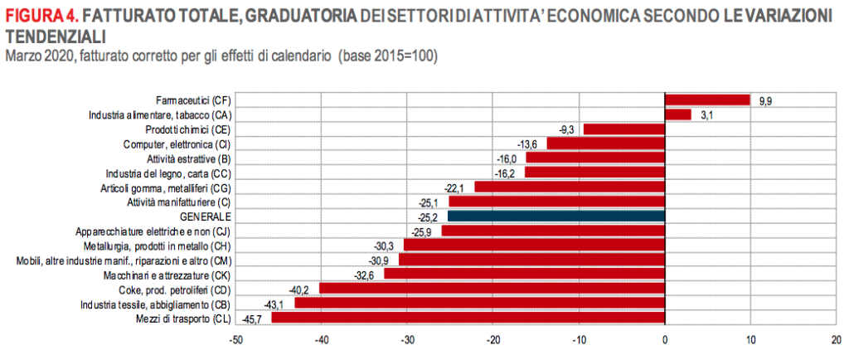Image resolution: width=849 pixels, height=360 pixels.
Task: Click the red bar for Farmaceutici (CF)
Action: [x=707, y=100]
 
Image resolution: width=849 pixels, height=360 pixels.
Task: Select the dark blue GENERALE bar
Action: [x=555, y=216]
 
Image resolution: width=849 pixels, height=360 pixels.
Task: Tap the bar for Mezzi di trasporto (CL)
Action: [x=468, y=318]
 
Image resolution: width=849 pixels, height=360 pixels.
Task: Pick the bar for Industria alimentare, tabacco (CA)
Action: [x=677, y=114]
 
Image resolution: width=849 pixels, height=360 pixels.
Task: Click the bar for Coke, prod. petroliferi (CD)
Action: [x=492, y=289]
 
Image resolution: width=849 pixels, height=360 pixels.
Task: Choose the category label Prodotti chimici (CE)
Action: [x=188, y=129]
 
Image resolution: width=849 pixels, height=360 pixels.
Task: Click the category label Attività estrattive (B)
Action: [x=190, y=158]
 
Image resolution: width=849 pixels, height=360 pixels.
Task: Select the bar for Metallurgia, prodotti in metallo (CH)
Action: [x=534, y=246]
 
